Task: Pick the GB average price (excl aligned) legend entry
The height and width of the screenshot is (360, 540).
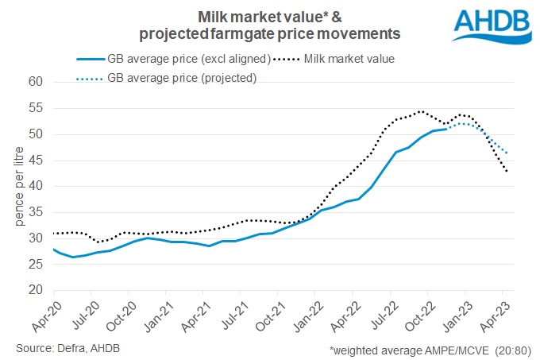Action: click(182, 58)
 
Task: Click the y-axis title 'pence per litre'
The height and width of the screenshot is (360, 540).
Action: click(13, 186)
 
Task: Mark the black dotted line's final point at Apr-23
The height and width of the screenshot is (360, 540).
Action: click(507, 172)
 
